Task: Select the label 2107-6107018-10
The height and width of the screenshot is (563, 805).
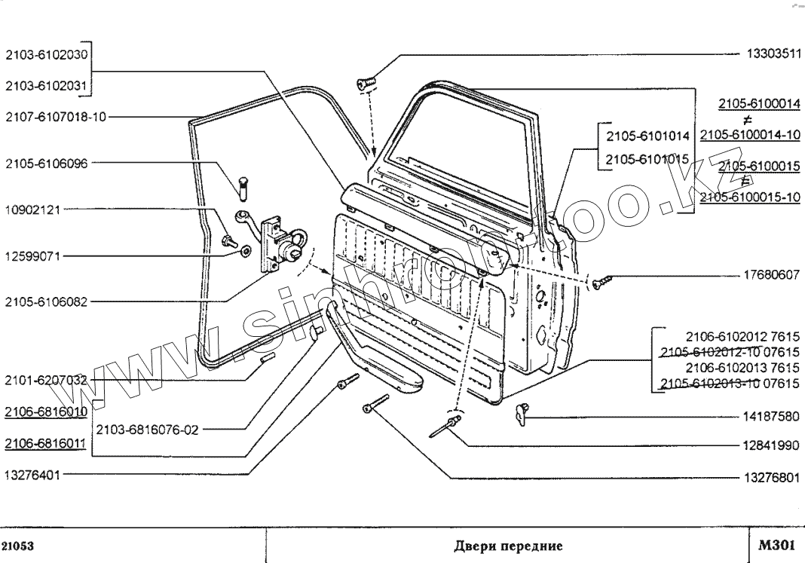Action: tap(56, 117)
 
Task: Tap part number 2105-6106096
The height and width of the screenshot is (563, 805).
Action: tap(46, 164)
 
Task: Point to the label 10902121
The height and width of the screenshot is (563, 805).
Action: tap(32, 210)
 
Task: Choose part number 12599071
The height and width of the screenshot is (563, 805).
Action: tap(32, 256)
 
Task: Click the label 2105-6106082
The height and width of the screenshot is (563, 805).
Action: tap(46, 302)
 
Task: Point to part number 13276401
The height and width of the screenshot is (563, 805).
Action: tap(32, 476)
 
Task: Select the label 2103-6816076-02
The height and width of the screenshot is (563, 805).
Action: tap(147, 430)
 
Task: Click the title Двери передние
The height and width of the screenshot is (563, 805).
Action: tap(509, 546)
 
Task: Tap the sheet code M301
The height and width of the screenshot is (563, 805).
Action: tap(774, 545)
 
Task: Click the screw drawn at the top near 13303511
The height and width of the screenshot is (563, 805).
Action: tap(366, 84)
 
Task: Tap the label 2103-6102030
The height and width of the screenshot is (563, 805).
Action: tap(46, 54)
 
